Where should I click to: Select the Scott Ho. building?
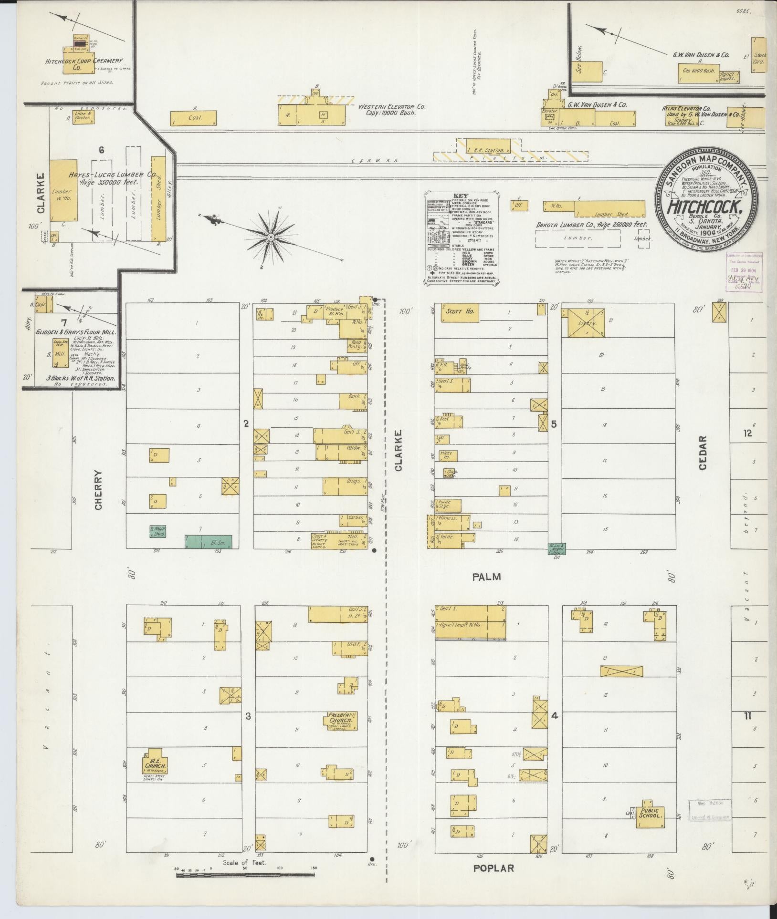[461, 312]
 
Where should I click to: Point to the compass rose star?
[271, 237]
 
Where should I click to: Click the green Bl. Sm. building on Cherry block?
[209, 541]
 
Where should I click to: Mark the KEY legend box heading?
[461, 196]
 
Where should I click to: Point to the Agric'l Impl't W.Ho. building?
[470, 629]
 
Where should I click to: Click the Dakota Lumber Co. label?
[591, 224]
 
